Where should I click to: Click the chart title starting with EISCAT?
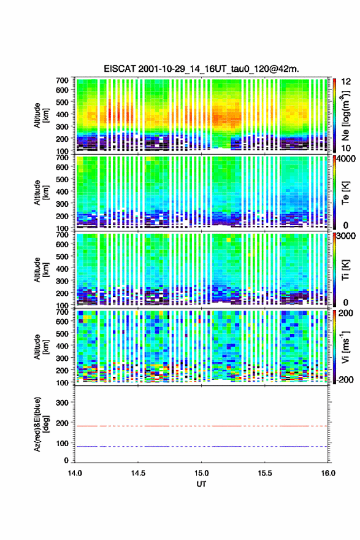201,69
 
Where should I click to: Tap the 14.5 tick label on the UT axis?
138,473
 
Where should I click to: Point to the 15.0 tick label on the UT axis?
201,473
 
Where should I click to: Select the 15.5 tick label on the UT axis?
265,473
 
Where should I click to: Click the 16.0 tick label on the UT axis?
328,473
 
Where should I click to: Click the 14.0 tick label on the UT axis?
75,473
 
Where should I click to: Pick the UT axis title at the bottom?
201,484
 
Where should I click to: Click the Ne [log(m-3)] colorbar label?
345,115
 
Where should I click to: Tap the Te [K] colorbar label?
345,193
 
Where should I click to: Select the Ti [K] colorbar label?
345,270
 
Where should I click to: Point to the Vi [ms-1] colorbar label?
345,347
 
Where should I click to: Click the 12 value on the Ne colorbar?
346,82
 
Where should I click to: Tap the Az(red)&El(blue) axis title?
40,424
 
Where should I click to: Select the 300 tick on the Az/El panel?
63,403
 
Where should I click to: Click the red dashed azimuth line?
201,426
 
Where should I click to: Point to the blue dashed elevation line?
201,446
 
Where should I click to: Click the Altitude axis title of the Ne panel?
40,115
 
